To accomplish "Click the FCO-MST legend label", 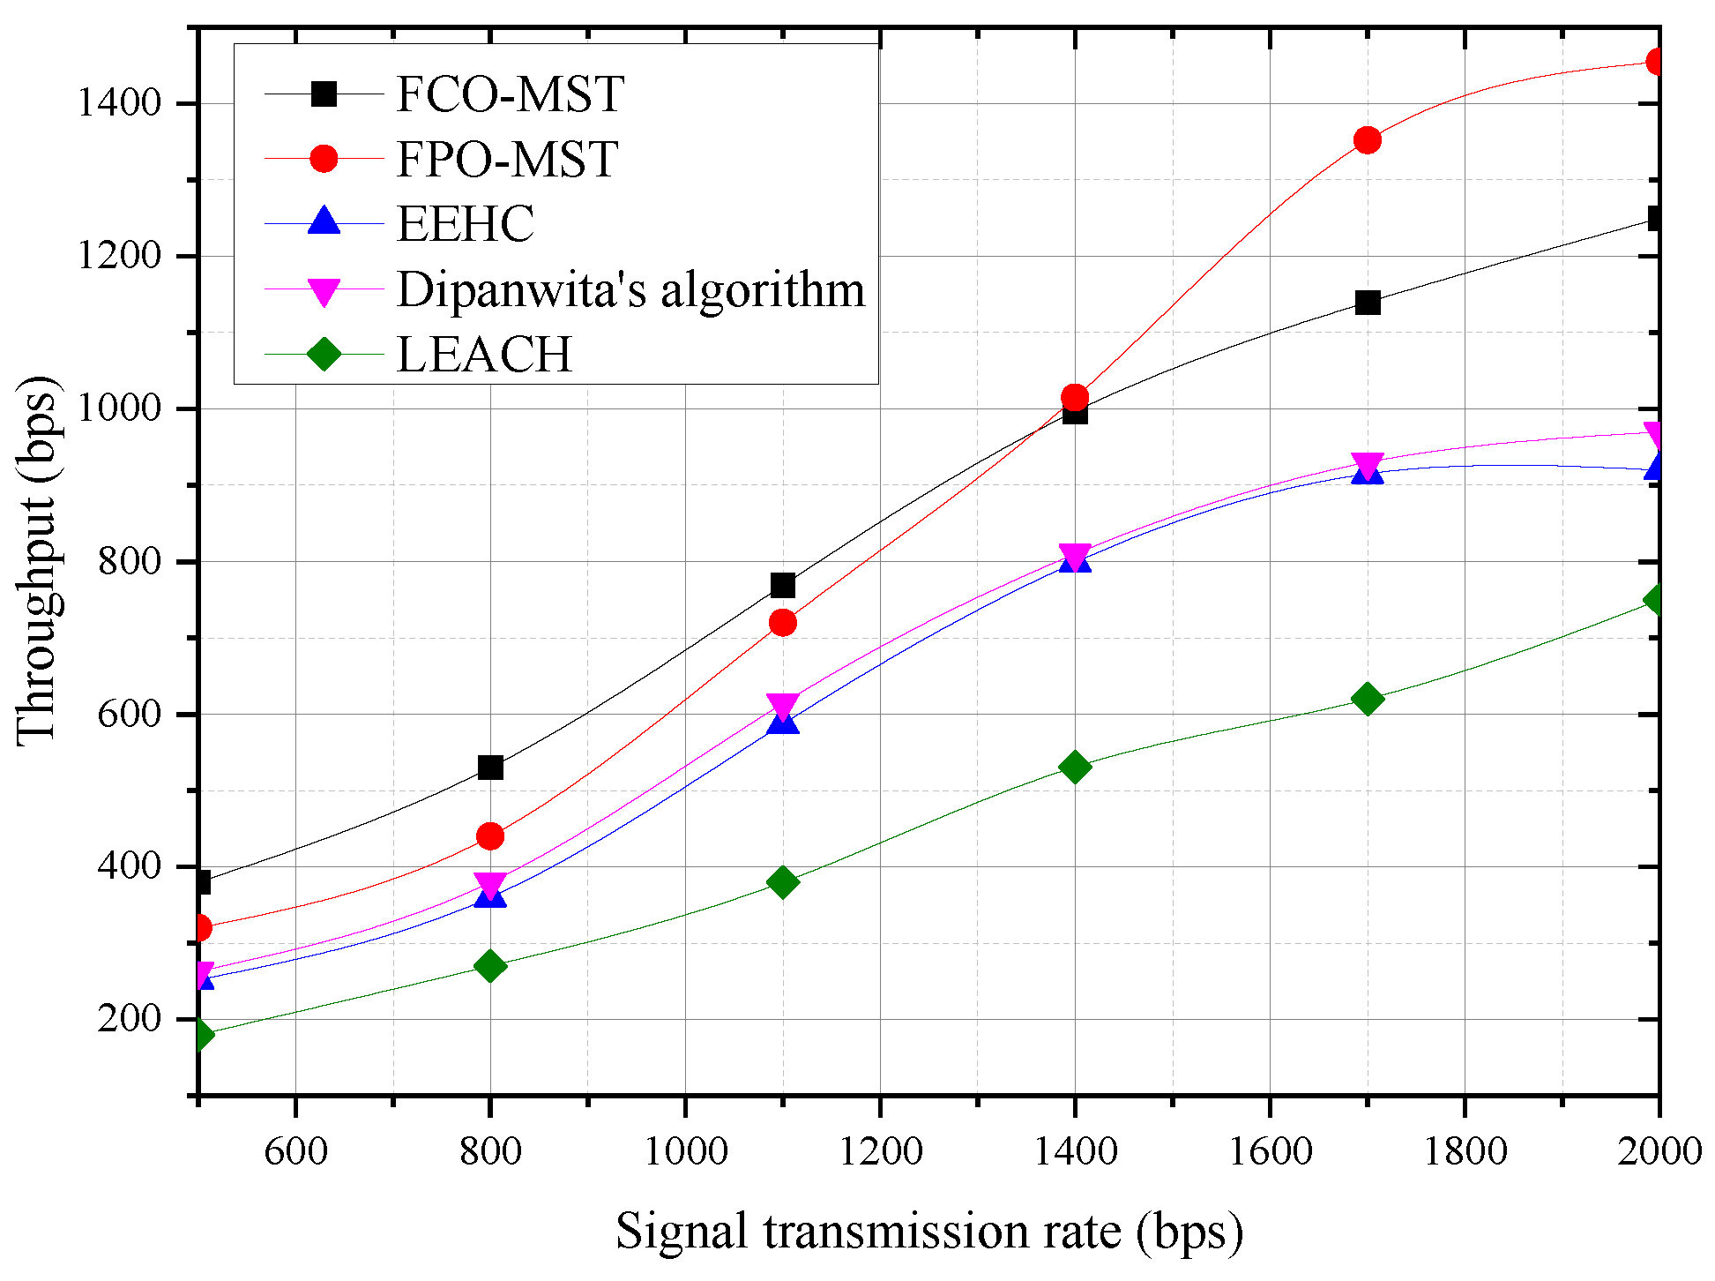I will pyautogui.click(x=510, y=94).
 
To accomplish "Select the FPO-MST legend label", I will pyautogui.click(x=506, y=160).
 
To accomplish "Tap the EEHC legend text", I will pyautogui.click(x=465, y=224).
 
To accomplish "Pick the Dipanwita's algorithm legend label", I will pyautogui.click(x=630, y=289).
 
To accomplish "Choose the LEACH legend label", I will pyautogui.click(x=484, y=355).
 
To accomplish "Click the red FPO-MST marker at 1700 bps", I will pyautogui.click(x=1367, y=139).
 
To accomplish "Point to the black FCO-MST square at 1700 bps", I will pyautogui.click(x=1367, y=303).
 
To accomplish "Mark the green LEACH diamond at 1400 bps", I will pyautogui.click(x=1074, y=767).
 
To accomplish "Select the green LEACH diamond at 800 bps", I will pyautogui.click(x=490, y=966).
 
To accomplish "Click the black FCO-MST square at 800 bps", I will pyautogui.click(x=490, y=768).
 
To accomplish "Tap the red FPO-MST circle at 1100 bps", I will pyautogui.click(x=782, y=623).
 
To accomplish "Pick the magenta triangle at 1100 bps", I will pyautogui.click(x=782, y=706).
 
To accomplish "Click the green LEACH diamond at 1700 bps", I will pyautogui.click(x=1367, y=699).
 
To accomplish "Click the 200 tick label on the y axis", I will pyautogui.click(x=130, y=1020).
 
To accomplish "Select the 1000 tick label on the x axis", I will pyautogui.click(x=685, y=1151).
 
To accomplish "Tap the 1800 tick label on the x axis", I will pyautogui.click(x=1465, y=1151).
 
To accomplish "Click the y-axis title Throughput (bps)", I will pyautogui.click(x=37, y=561).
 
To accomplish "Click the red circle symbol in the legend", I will pyautogui.click(x=324, y=159).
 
